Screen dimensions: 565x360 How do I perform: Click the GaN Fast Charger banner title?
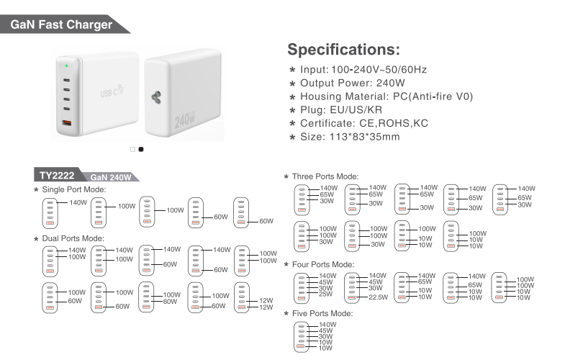[x=61, y=24]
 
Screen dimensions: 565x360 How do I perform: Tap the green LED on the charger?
[x=67, y=66]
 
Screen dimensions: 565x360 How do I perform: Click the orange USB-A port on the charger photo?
[x=67, y=123]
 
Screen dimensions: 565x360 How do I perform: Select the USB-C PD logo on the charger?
[x=112, y=91]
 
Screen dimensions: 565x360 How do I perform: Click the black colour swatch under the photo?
[x=141, y=149]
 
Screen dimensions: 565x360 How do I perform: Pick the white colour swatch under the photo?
[x=133, y=149]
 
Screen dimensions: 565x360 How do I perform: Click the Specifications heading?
[x=344, y=50]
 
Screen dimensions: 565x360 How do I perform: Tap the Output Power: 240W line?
[x=353, y=84]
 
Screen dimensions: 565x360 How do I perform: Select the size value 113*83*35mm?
[x=365, y=137]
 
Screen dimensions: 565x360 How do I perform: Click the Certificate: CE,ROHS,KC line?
[x=364, y=123]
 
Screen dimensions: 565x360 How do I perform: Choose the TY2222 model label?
[x=57, y=176]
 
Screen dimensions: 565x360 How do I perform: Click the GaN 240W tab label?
[x=111, y=177]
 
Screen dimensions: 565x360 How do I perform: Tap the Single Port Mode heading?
[x=74, y=189]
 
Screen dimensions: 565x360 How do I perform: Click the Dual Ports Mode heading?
[x=73, y=238]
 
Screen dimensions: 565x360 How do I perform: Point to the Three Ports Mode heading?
[x=325, y=176]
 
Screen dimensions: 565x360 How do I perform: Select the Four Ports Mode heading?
[x=323, y=264]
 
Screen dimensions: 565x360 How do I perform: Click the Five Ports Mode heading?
[x=322, y=313]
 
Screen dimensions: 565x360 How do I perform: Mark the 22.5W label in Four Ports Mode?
[x=378, y=297]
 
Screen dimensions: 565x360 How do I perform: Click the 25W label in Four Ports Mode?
[x=325, y=294]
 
